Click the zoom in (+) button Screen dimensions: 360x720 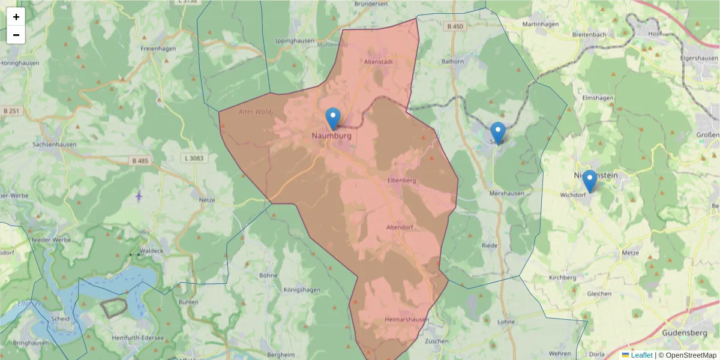16,17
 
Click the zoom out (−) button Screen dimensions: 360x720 16,35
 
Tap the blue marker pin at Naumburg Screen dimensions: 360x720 332,119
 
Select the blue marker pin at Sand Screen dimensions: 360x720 497,133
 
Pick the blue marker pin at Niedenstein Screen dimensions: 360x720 589,181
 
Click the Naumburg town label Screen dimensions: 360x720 331,136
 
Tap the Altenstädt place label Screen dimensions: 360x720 378,62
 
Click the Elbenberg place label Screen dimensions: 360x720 402,180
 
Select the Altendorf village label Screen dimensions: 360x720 400,227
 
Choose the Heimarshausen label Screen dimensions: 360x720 407,320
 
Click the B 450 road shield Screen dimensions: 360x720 455,26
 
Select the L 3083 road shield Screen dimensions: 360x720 192,158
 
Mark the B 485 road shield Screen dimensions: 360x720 139,161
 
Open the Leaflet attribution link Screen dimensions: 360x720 641,355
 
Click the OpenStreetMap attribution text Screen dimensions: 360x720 690,355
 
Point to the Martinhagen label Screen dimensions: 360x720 541,25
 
